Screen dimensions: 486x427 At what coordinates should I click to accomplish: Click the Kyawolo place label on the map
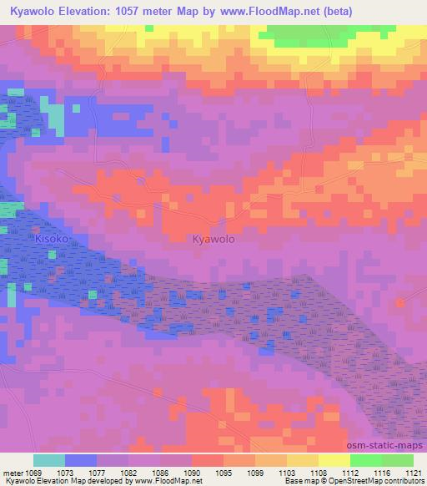coord(213,239)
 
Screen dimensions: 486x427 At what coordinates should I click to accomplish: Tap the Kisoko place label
coord(50,239)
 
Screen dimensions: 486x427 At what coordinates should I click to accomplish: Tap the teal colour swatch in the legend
coord(49,460)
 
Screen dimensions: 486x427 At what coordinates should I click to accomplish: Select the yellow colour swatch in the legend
coord(334,460)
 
